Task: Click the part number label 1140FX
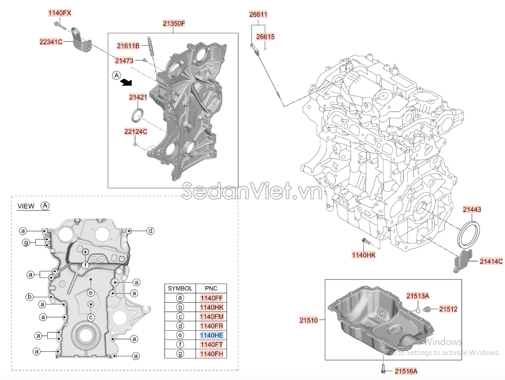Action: (60, 13)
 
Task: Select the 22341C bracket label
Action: (51, 42)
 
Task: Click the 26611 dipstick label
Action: (258, 14)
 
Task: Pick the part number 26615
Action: (265, 36)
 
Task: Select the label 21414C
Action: (491, 261)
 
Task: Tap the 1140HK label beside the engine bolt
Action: (364, 256)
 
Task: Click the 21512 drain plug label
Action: (448, 309)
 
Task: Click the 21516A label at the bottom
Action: (406, 370)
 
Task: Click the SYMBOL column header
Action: (180, 289)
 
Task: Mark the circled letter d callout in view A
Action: (150, 231)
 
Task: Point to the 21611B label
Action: (128, 45)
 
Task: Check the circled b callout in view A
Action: (29, 297)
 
